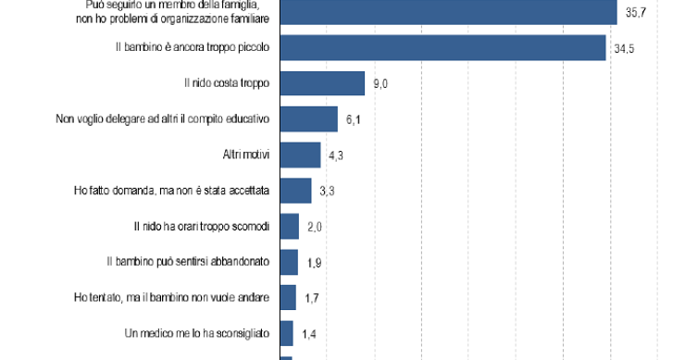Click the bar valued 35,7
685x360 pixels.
[x=448, y=12]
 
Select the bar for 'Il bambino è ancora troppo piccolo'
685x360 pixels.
[x=442, y=48]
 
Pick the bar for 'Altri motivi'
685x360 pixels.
[x=300, y=155]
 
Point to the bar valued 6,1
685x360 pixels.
[x=308, y=119]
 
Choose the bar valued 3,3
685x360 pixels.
[x=295, y=191]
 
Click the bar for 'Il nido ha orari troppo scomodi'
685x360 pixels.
[x=289, y=226]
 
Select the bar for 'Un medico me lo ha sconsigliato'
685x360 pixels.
[x=286, y=332]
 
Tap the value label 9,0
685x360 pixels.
[x=380, y=84]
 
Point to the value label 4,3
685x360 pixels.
[x=336, y=155]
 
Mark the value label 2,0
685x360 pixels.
[x=315, y=227]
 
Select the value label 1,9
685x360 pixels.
[x=314, y=262]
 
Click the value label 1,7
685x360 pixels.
[x=312, y=297]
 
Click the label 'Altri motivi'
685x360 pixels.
[x=245, y=155]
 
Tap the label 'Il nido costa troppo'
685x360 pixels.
[x=227, y=83]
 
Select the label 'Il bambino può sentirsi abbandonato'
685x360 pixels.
[x=188, y=261]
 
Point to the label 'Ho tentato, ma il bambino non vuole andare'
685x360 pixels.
[x=171, y=296]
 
